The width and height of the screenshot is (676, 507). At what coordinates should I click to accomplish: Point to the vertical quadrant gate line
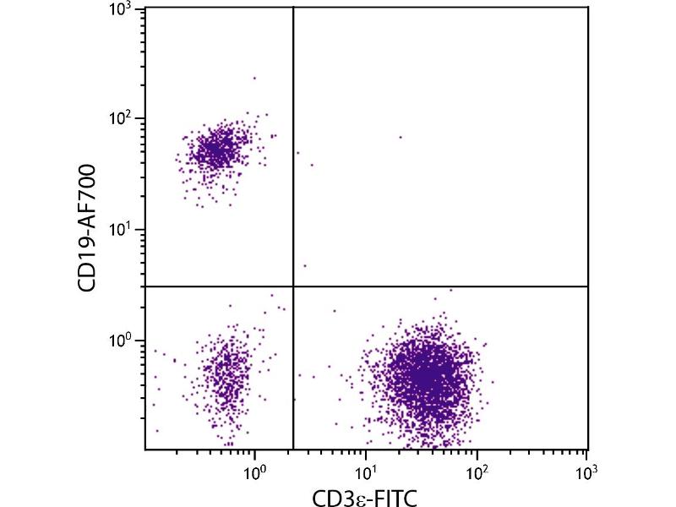pos(293,169)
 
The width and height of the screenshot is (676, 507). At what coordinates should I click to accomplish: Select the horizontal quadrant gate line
pos(439,286)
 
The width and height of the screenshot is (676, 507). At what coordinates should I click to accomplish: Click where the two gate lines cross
pos(293,286)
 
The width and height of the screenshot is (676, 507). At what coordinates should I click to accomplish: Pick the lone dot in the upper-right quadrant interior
pos(401,137)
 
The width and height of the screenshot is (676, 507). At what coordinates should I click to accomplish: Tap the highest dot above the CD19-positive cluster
pos(254,78)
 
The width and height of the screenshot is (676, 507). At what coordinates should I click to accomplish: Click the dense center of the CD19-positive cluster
pos(215,151)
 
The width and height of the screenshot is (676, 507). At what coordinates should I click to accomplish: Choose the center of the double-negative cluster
pos(224,376)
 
